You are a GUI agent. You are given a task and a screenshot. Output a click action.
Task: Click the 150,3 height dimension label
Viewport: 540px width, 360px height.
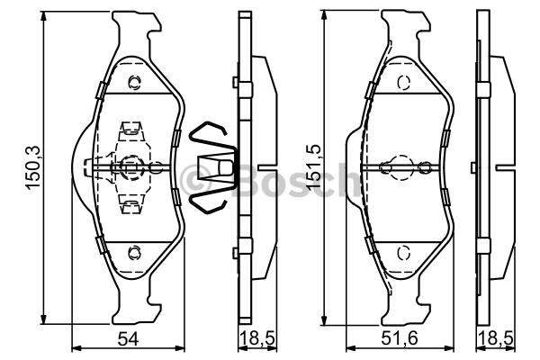click(x=33, y=167)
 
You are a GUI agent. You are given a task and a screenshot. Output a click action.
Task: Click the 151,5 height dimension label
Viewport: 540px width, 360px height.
click(x=313, y=166)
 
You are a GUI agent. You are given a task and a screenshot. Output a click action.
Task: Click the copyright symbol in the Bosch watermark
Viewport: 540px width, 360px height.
click(x=195, y=179)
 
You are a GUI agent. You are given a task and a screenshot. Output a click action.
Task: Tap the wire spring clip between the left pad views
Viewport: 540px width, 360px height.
click(x=212, y=167)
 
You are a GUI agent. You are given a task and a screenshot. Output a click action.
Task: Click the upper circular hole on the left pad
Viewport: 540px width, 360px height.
click(x=134, y=83)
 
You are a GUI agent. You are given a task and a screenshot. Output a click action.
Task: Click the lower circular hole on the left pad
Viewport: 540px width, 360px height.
click(x=134, y=253)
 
